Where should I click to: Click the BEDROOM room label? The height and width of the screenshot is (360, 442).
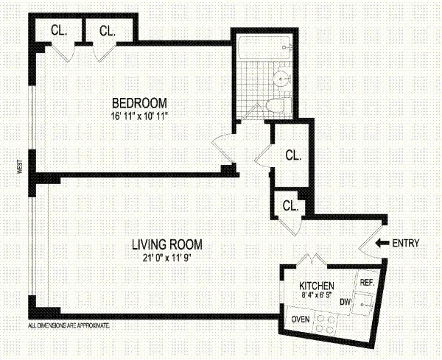pyautogui.click(x=139, y=102)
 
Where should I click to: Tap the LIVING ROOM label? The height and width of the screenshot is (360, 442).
pyautogui.click(x=167, y=244)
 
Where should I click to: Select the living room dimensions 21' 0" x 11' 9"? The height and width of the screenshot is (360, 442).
pyautogui.click(x=167, y=256)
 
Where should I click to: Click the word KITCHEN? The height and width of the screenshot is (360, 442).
pyautogui.click(x=317, y=286)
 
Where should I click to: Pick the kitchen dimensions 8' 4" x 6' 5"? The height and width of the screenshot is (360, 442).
pyautogui.click(x=317, y=295)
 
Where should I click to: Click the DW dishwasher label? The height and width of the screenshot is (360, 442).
pyautogui.click(x=344, y=302)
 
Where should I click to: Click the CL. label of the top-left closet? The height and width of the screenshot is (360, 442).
pyautogui.click(x=60, y=30)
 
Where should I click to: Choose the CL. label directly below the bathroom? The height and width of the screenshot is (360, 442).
pyautogui.click(x=293, y=156)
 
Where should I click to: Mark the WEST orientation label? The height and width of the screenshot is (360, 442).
pyautogui.click(x=22, y=168)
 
